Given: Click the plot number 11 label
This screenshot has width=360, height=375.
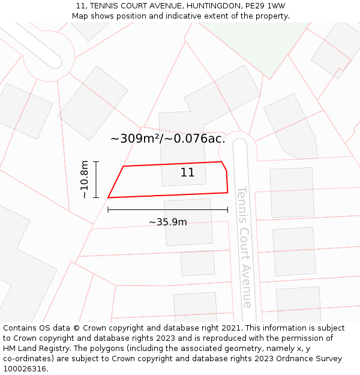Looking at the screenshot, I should pyautogui.click(x=187, y=173).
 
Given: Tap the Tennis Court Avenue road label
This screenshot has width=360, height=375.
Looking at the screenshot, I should pyautogui.click(x=244, y=246).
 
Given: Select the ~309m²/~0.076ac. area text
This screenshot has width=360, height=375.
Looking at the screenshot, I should pyautogui.click(x=168, y=139).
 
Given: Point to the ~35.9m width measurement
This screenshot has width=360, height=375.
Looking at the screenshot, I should pyautogui.click(x=168, y=222).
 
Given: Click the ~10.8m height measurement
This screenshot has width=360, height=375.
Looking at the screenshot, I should pyautogui.click(x=85, y=179).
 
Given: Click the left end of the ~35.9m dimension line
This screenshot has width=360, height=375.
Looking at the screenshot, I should pyautogui.click(x=108, y=209).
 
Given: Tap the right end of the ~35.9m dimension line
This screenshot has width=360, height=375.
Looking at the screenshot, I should pyautogui.click(x=227, y=209).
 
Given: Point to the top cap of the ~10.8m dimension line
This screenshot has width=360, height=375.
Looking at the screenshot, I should pyautogui.click(x=96, y=162).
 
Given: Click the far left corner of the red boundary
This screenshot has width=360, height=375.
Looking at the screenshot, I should pyautogui.click(x=108, y=197).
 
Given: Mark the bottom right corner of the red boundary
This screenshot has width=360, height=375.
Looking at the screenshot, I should pyautogui.click(x=227, y=193).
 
